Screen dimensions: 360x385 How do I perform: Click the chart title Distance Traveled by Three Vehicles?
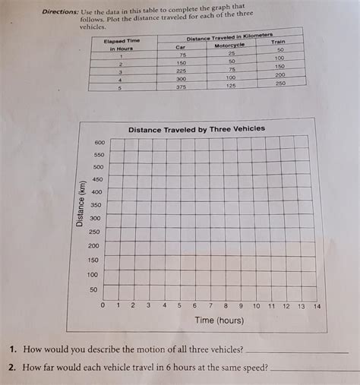pos(197,129)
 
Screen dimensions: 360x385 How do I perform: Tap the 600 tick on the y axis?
pos(99,143)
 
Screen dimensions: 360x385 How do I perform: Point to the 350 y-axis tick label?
pos(96,205)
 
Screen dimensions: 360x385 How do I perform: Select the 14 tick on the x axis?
pos(317,306)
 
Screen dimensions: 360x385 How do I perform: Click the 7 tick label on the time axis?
pos(210,306)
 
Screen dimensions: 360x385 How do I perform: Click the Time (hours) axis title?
pos(219,320)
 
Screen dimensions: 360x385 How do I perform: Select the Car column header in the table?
pos(181,47)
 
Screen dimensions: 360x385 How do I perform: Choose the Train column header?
pos(277,42)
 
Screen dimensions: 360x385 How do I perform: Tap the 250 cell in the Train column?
pos(280,83)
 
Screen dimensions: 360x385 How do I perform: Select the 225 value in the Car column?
pos(181,71)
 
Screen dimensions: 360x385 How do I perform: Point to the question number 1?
pos(14,350)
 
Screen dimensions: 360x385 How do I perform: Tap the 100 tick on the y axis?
pos(92,274)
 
